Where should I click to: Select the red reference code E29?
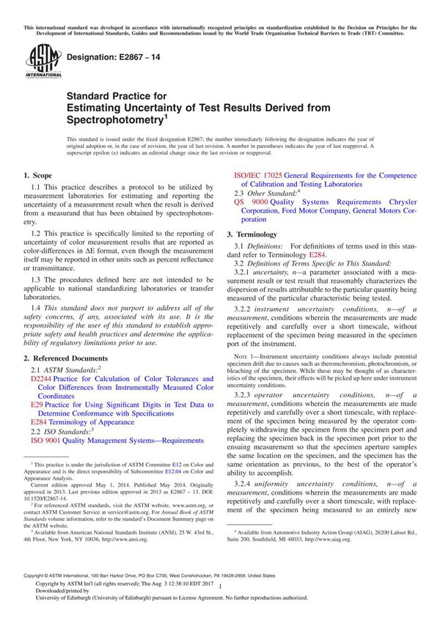point(36,405)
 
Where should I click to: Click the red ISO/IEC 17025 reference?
point(257,176)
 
